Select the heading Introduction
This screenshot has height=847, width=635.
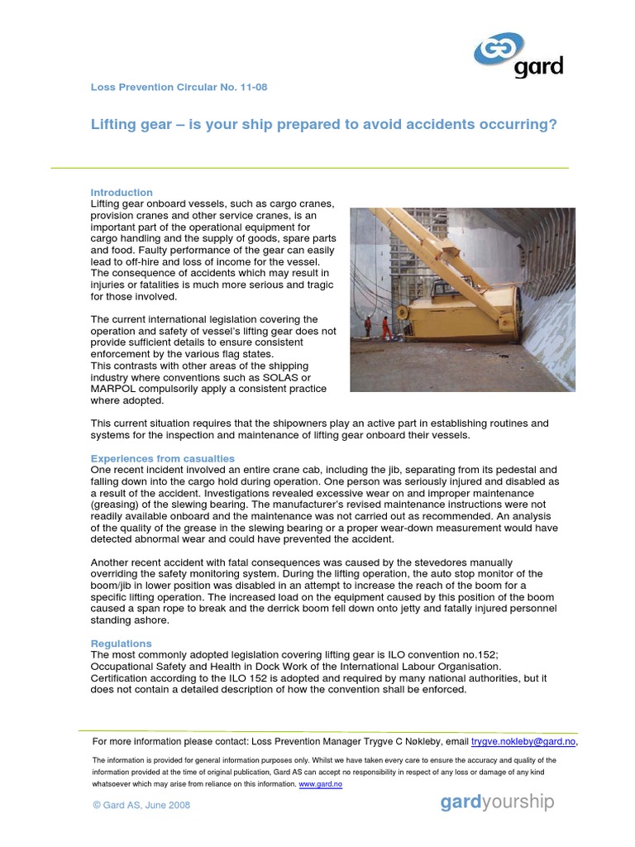tap(122, 193)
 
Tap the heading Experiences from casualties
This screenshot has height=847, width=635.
tap(162, 458)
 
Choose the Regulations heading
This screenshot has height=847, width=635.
tap(121, 643)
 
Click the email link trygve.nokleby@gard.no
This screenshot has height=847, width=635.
tap(523, 742)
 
